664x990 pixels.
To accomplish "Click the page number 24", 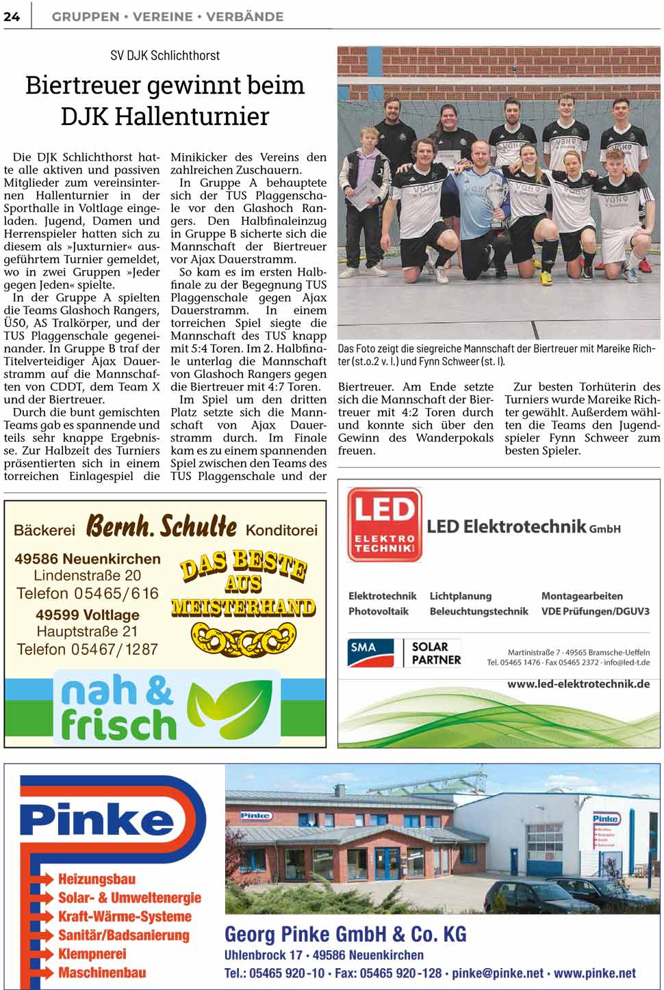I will [12, 16].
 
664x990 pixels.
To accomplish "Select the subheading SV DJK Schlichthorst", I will [165, 55].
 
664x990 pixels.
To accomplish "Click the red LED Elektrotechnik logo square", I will [384, 524].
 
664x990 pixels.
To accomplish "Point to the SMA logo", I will [371, 652].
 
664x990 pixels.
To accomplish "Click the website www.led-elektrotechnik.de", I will [578, 684].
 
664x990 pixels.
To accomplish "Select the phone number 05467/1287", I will [115, 649].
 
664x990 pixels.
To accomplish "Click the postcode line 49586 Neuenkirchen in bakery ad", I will [88, 559].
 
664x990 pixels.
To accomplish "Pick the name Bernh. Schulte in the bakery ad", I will [162, 527].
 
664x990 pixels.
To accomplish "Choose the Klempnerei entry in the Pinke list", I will [92, 954].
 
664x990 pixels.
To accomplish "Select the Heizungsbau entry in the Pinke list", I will [97, 879].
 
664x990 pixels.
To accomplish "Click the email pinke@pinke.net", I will [498, 973].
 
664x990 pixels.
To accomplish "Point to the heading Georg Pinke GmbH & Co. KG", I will [346, 934].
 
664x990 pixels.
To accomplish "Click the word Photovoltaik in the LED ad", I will [379, 611].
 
